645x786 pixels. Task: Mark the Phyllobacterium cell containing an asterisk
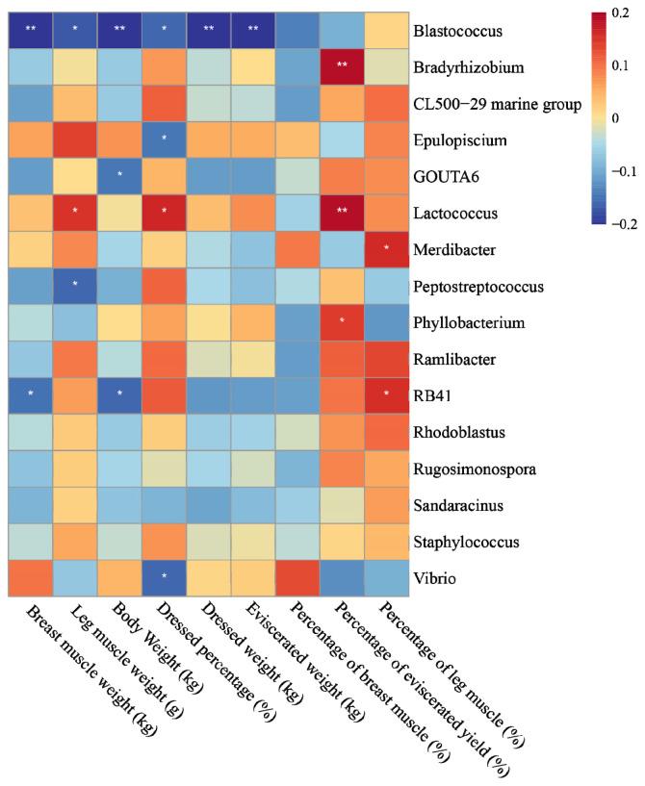(342, 321)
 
